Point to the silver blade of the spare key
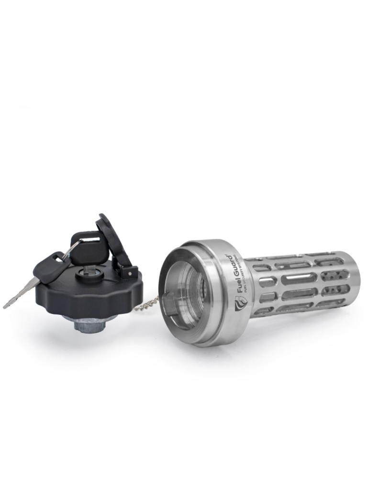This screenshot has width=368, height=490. point(19,293)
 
